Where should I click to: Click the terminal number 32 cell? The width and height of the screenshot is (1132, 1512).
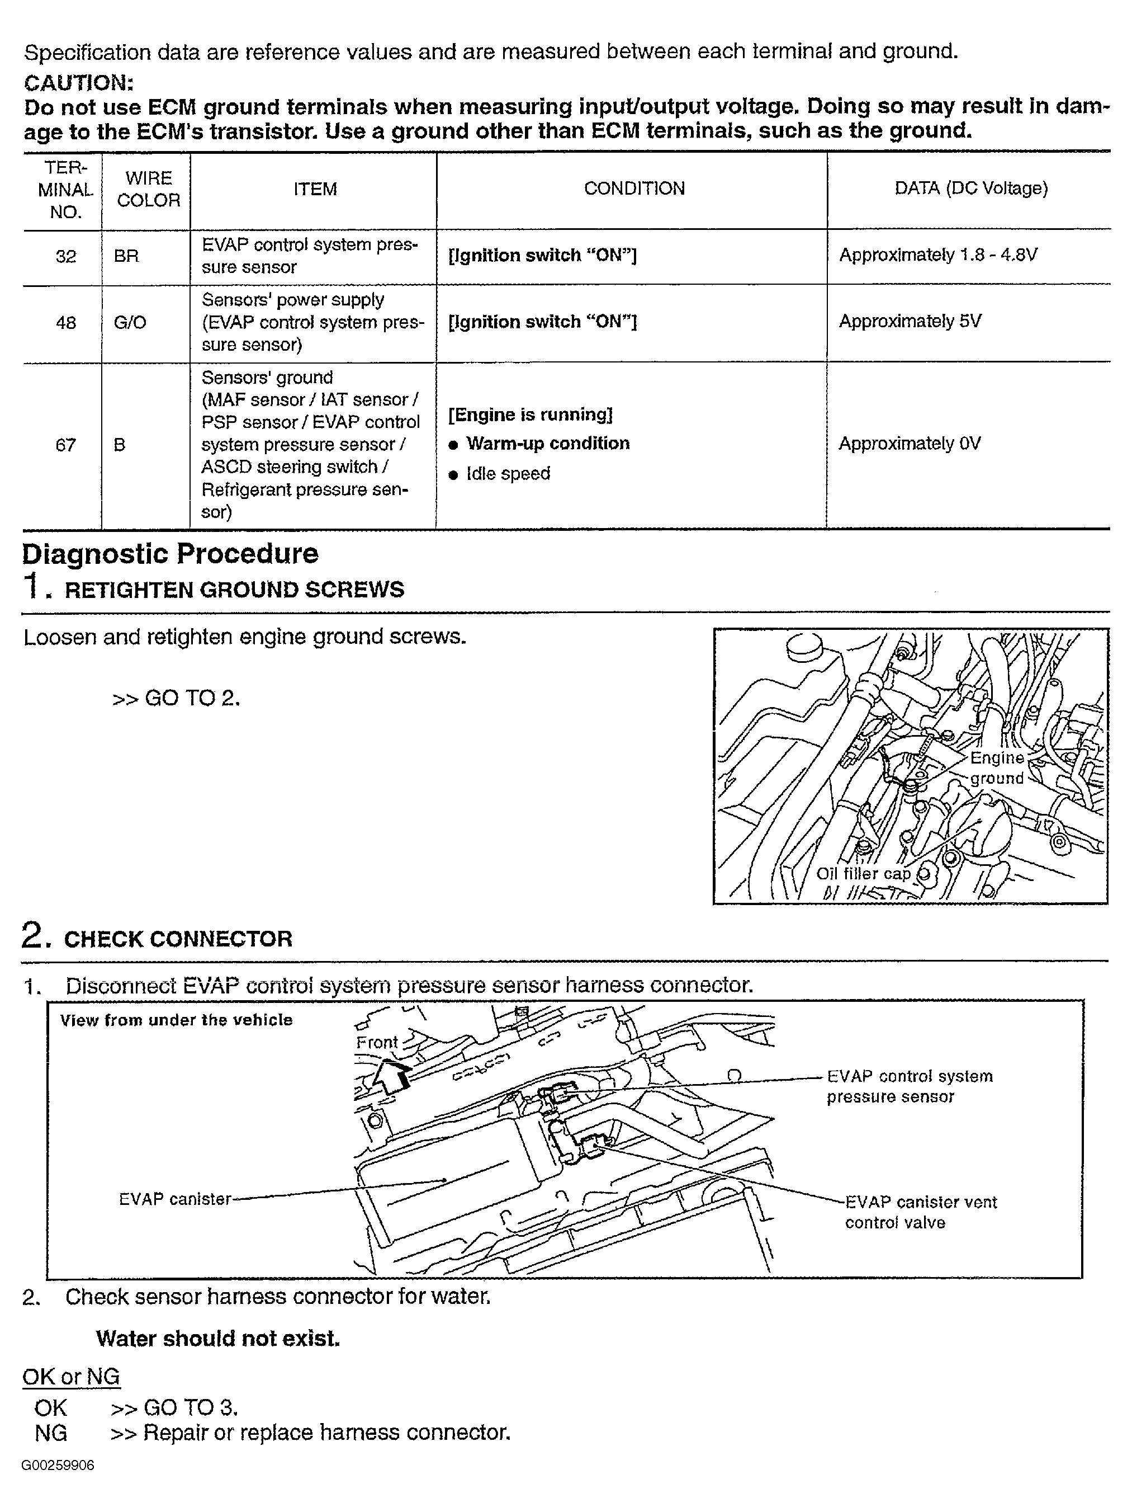[65, 256]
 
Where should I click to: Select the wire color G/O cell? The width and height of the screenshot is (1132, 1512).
[130, 323]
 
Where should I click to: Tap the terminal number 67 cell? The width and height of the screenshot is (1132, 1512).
[65, 446]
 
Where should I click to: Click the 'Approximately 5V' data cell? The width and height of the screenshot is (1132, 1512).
[910, 321]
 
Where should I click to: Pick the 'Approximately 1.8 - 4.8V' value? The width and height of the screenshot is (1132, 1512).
[937, 255]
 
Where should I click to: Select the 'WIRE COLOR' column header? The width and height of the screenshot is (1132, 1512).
[148, 189]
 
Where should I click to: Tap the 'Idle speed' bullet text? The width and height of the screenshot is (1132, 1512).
[508, 474]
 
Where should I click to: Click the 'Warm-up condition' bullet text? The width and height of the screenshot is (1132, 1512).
[547, 444]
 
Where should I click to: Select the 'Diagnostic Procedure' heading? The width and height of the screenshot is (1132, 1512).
[170, 554]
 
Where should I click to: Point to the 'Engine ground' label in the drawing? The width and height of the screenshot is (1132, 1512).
[996, 768]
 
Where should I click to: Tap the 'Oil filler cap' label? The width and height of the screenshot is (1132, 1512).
[863, 874]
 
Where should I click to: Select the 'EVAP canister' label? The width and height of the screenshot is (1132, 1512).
[175, 1199]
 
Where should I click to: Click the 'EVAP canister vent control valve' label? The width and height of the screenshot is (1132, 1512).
[920, 1212]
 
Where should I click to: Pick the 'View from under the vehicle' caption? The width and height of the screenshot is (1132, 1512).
[176, 1020]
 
